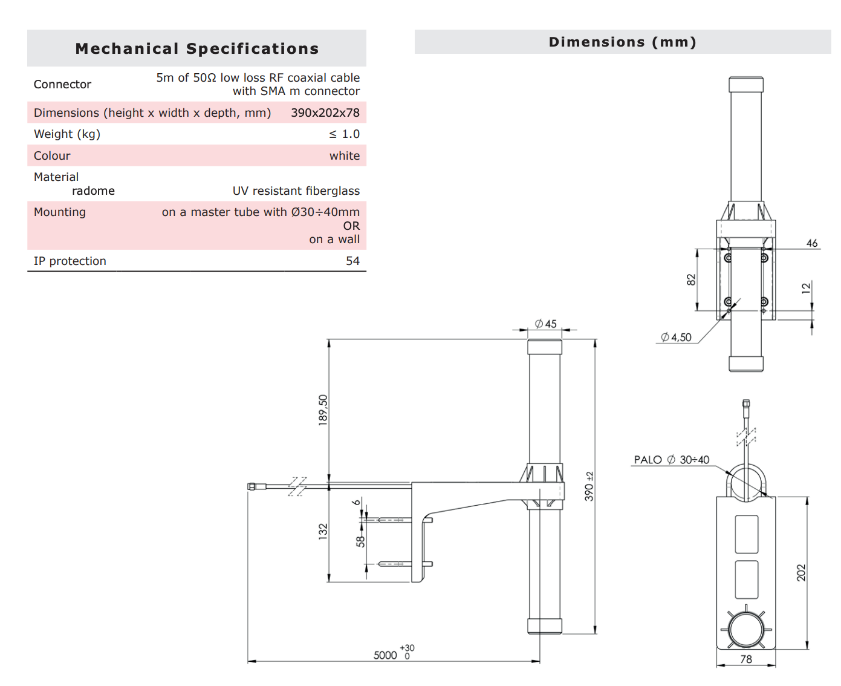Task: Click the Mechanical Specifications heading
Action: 196,48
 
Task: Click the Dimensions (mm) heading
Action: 622,42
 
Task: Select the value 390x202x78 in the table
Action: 325,113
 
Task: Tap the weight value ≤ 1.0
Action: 344,134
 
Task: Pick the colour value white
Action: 344,155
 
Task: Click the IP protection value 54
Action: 352,261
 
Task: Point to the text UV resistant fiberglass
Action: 296,191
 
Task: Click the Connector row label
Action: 62,84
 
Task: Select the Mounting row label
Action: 60,212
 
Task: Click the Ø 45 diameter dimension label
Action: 545,324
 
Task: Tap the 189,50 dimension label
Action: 323,410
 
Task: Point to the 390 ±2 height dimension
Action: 589,486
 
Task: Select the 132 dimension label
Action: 323,531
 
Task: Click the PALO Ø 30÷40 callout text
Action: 671,460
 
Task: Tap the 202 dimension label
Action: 801,572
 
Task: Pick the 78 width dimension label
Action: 746,659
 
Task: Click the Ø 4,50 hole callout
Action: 676,337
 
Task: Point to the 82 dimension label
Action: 691,279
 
